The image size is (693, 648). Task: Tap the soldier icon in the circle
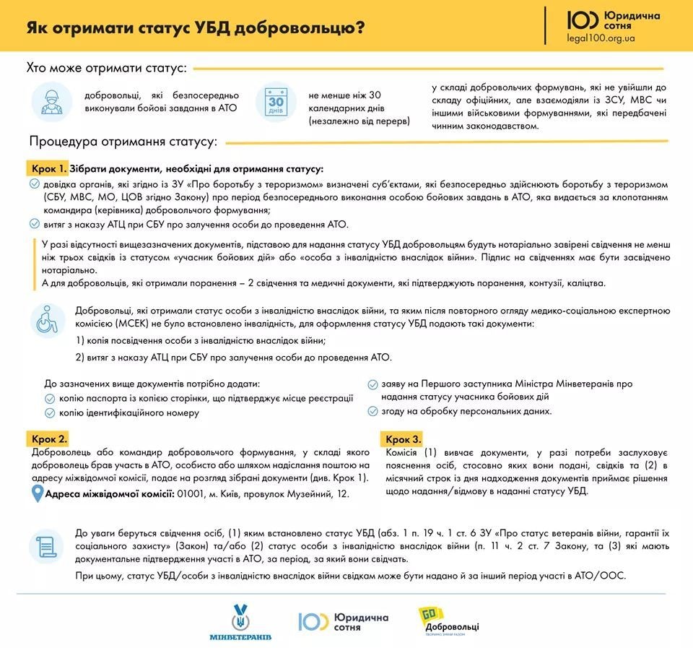(x=52, y=103)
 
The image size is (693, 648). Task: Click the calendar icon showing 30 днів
(x=276, y=103)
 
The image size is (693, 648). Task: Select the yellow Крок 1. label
(x=48, y=168)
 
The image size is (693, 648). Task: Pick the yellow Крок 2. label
(x=49, y=439)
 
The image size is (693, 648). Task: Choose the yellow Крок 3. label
(x=403, y=439)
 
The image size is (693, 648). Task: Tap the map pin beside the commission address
(x=38, y=493)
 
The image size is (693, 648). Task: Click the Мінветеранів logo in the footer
(x=240, y=621)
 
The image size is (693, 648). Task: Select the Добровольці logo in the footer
(x=447, y=621)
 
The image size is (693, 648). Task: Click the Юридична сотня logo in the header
(x=603, y=20)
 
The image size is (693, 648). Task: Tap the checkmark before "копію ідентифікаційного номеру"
(x=50, y=413)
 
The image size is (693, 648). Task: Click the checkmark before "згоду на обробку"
(x=372, y=411)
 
